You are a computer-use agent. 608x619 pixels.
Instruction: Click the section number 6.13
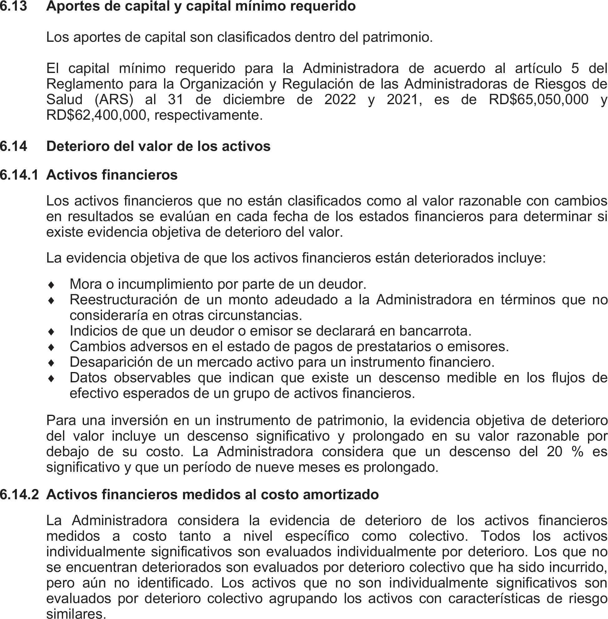click(x=13, y=6)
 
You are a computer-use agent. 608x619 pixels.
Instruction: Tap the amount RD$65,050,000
click(x=538, y=99)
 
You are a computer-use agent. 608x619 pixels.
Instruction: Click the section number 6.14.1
click(x=19, y=175)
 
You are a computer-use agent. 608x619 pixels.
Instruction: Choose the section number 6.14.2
click(x=19, y=495)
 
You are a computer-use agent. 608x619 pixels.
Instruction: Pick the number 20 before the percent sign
click(x=554, y=452)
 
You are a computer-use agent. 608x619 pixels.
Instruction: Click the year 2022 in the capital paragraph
click(x=340, y=99)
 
